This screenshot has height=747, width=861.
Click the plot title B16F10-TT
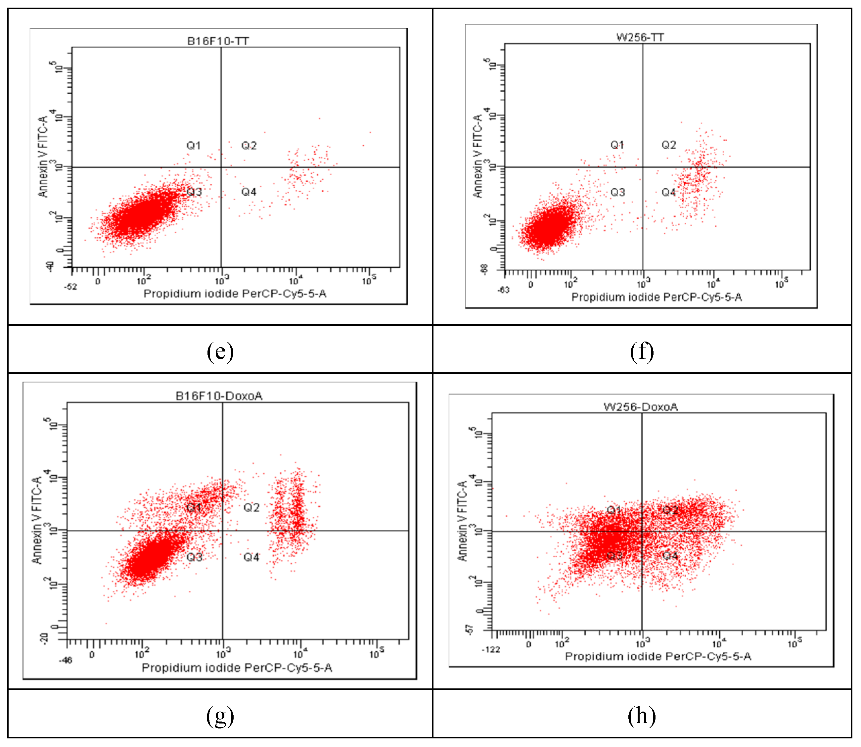pos(218,41)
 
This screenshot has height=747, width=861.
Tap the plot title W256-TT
pos(640,37)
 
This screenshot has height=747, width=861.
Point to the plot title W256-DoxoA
pos(641,406)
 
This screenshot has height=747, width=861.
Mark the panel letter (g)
pos(220,716)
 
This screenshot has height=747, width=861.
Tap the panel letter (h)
pos(642,716)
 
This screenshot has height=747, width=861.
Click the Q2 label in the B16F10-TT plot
pos(249,146)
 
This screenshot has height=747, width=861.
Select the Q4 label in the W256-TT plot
pos(668,192)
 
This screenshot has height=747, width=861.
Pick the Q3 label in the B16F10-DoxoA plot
pos(194,557)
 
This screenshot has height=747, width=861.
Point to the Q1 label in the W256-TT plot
pos(617,145)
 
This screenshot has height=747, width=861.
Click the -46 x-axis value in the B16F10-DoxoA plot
pos(66,660)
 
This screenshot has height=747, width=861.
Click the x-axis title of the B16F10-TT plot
pos(235,294)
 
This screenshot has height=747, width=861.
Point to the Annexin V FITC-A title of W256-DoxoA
pos(462,521)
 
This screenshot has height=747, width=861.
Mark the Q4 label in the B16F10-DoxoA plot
pos(251,557)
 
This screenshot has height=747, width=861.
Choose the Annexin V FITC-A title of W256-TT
pos(477,156)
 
